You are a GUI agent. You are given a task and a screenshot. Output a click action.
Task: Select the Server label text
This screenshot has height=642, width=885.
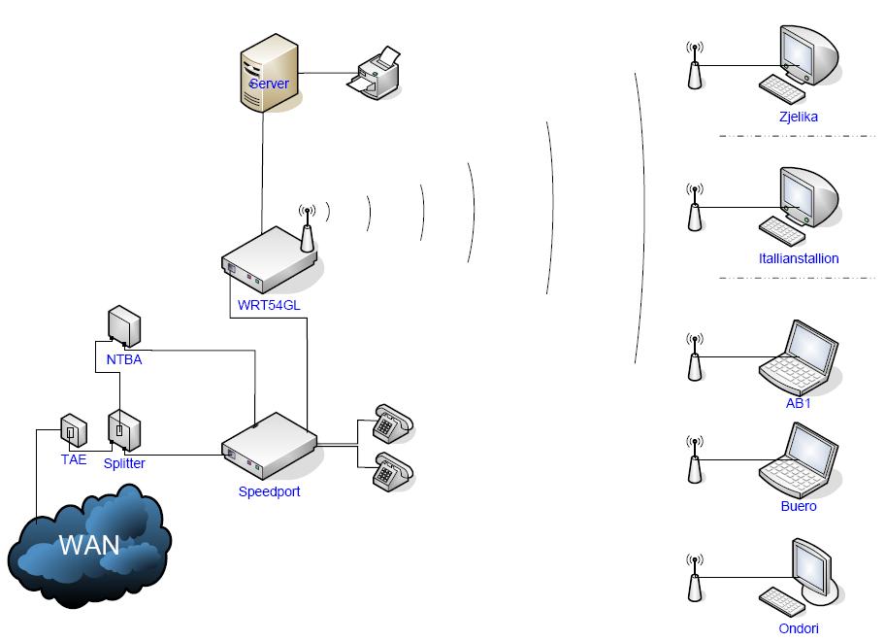(269, 84)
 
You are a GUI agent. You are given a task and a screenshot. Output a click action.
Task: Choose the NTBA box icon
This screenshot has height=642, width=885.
(125, 326)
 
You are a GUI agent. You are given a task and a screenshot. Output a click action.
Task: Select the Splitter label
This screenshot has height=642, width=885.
(124, 463)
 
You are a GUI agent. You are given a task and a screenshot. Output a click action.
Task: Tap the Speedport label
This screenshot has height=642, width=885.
(269, 491)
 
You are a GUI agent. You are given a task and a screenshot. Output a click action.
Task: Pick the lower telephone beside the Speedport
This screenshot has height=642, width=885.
(393, 472)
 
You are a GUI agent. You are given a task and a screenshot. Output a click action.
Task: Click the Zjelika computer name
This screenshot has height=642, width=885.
(798, 117)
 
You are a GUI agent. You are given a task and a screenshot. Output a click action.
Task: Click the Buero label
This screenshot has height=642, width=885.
(799, 506)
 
